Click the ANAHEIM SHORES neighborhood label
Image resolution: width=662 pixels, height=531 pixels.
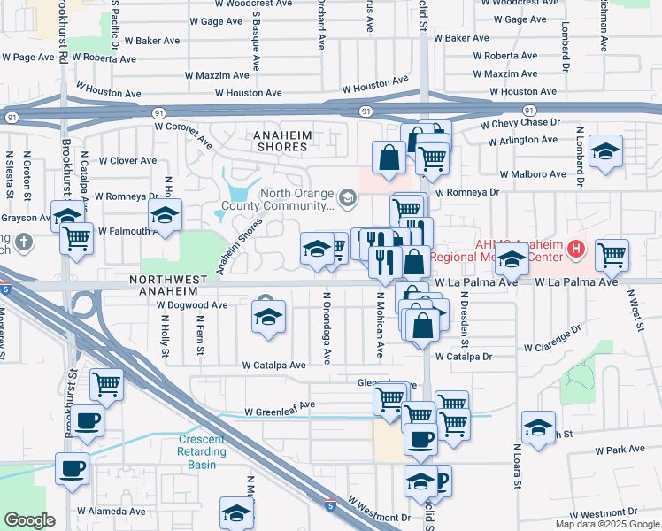[281, 140]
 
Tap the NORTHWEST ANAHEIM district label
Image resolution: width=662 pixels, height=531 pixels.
[169, 279]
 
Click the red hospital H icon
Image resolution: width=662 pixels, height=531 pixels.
[577, 250]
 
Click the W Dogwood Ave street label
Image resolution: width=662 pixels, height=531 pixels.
[192, 305]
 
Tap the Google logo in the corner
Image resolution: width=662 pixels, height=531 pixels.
[29, 520]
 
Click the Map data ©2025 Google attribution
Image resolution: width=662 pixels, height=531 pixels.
[606, 524]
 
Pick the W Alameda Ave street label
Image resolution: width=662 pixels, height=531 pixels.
[111, 512]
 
